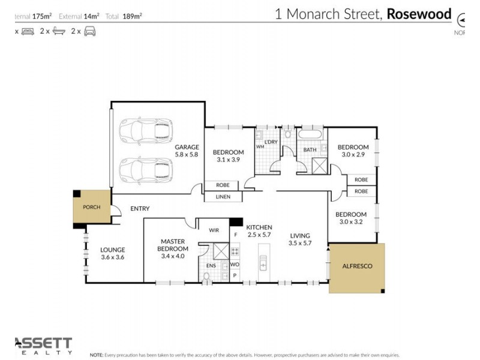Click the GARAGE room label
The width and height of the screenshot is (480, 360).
[187, 151]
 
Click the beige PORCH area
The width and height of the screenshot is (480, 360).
[92, 208]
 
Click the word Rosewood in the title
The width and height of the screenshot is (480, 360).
[418, 14]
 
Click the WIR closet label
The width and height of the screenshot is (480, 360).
[214, 230]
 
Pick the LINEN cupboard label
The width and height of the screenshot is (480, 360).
[223, 197]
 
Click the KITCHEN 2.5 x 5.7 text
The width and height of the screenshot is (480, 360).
[259, 231]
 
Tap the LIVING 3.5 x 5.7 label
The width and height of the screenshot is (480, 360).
[301, 239]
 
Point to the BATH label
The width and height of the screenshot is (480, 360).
[310, 150]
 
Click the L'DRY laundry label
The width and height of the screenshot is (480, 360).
[271, 142]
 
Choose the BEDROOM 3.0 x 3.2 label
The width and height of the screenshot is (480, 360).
[350, 218]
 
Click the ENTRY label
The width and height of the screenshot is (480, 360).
[139, 208]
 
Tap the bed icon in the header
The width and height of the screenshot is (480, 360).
[28, 31]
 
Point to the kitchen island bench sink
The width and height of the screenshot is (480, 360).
[262, 262]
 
